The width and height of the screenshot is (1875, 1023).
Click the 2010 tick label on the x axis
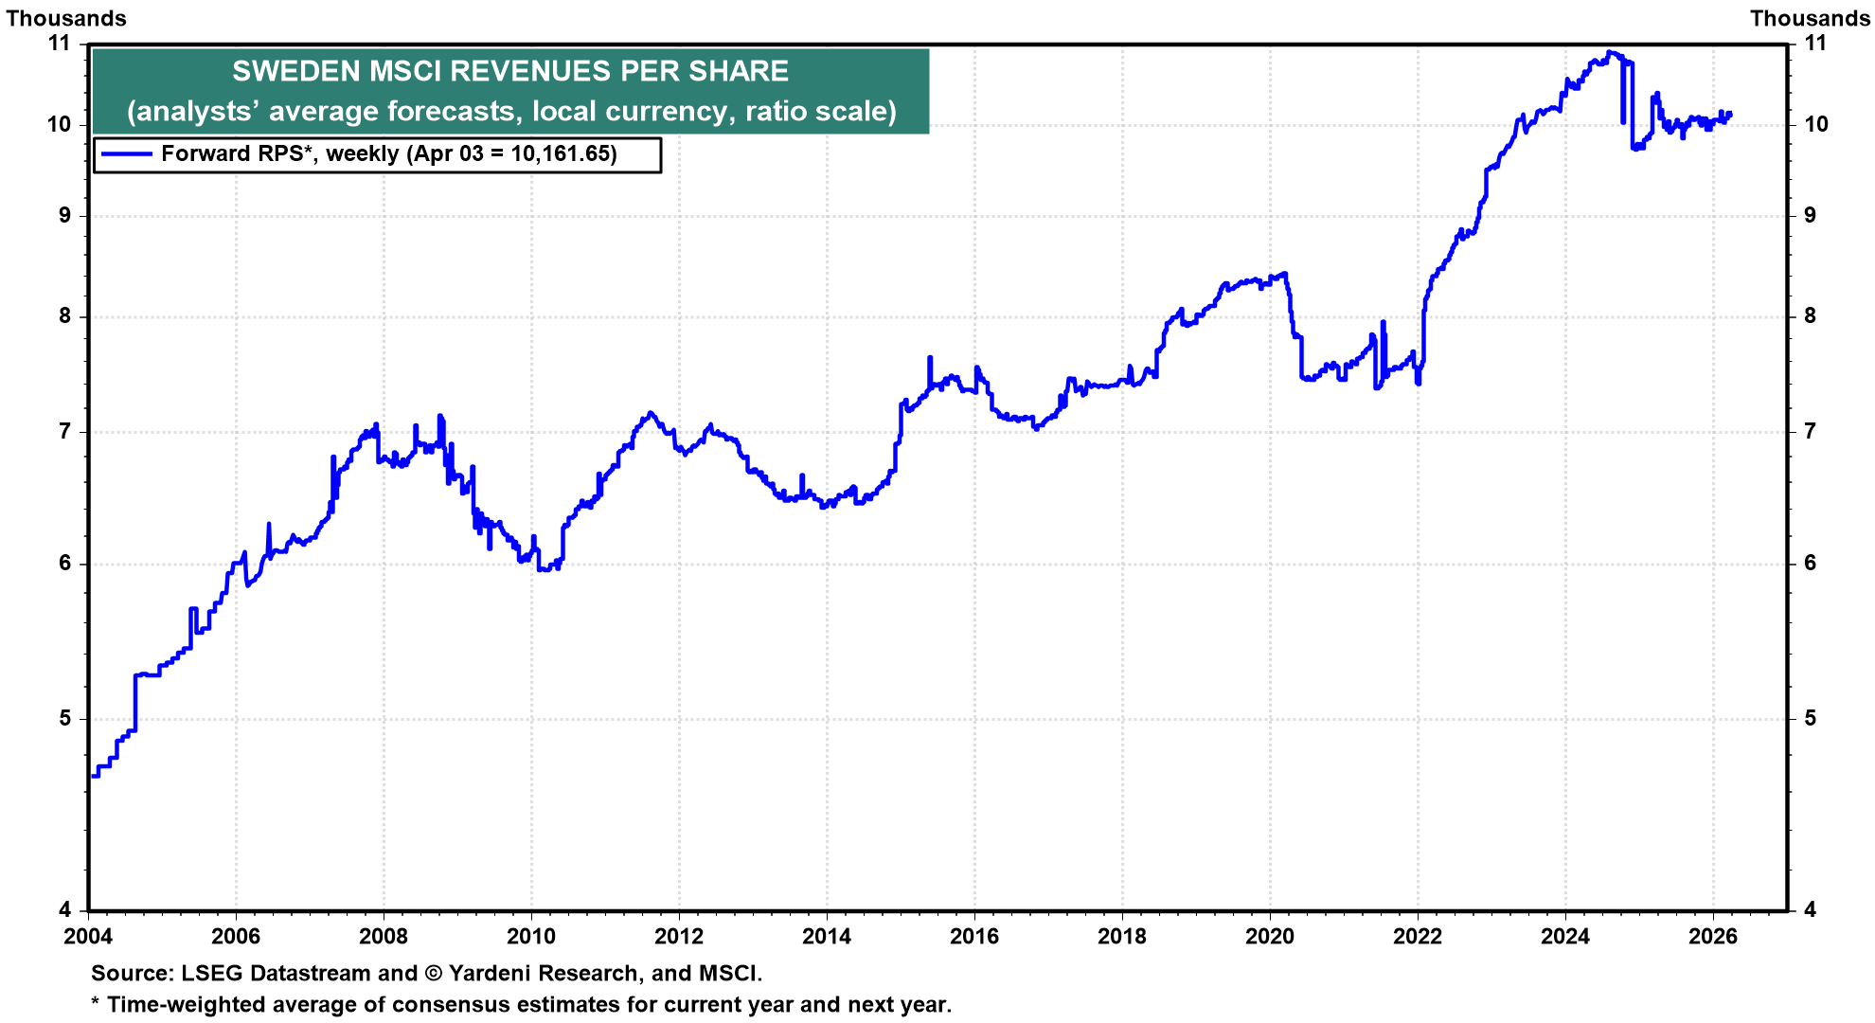[x=531, y=937]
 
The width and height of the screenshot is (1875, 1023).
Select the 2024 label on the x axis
[x=1565, y=937]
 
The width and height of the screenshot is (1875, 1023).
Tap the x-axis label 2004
[x=88, y=937]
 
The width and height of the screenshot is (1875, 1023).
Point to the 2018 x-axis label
[x=1122, y=937]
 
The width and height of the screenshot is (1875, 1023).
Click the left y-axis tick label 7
[x=64, y=432]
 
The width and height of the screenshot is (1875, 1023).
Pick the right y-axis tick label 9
[x=1810, y=215]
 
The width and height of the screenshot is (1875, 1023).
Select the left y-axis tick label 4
[x=64, y=909]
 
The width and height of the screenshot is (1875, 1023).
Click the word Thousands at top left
[x=66, y=18]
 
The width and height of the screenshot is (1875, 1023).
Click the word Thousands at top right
[x=1810, y=18]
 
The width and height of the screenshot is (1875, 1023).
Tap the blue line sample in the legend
[x=126, y=153]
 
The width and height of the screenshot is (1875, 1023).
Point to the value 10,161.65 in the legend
[x=562, y=153]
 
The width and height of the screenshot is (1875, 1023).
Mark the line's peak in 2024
[x=1610, y=52]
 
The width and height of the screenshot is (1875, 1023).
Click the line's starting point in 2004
[x=92, y=777]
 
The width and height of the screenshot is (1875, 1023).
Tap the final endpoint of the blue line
[x=1730, y=114]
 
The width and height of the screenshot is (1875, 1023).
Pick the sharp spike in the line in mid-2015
[x=930, y=358]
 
